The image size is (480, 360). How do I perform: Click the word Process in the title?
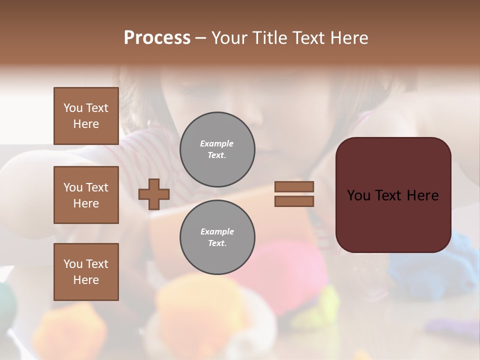pyautogui.click(x=157, y=38)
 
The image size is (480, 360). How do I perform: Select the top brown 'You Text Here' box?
pyautogui.click(x=86, y=116)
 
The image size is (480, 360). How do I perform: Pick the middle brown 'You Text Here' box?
pyautogui.click(x=86, y=195)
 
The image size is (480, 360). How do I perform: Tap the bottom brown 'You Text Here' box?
pyautogui.click(x=86, y=271)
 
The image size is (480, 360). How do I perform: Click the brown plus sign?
pyautogui.click(x=154, y=194)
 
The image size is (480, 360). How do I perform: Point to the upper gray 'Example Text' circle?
pyautogui.click(x=217, y=149)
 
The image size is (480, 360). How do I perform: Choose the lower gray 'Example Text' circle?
pyautogui.click(x=217, y=237)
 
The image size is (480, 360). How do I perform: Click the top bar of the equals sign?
pyautogui.click(x=294, y=186)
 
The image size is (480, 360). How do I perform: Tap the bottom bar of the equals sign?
pyautogui.click(x=294, y=201)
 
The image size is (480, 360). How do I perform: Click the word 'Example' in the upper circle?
pyautogui.click(x=217, y=143)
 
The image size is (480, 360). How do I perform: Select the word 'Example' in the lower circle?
pyautogui.click(x=217, y=231)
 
